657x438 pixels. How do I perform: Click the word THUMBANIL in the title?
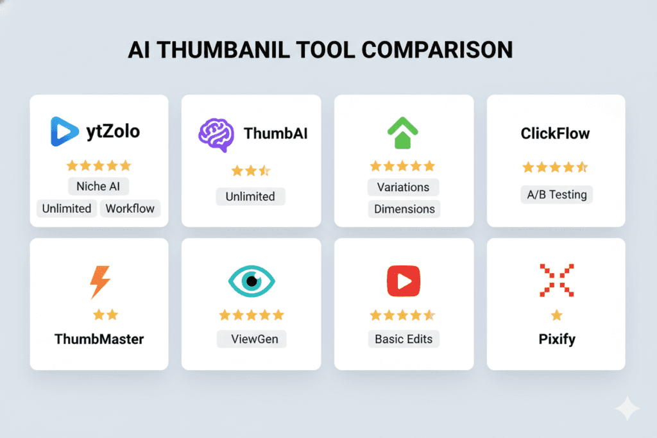tap(223, 50)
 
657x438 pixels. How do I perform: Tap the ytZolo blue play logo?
tap(64, 131)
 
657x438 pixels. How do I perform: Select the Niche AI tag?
tap(98, 186)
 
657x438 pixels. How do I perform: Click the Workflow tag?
tap(130, 208)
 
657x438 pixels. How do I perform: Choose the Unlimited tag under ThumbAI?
tap(250, 196)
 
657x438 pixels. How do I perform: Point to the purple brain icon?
tap(216, 135)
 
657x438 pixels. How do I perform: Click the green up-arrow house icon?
tap(403, 132)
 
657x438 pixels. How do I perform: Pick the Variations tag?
tap(403, 187)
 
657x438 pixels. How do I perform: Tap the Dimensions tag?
tap(404, 208)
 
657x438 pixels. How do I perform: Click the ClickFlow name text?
tap(555, 133)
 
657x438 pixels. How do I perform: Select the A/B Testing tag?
tap(557, 194)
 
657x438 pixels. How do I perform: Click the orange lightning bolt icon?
tap(100, 282)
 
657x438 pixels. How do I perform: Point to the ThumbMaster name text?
tap(99, 339)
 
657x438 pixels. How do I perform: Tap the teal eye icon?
tap(252, 281)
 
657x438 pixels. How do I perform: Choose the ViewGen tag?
tap(252, 339)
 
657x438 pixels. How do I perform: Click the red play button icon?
tap(404, 281)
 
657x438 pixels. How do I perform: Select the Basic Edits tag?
tap(404, 339)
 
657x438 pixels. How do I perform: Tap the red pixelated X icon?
tap(556, 280)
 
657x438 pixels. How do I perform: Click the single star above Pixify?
tap(556, 315)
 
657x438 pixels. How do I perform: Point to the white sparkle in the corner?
tap(627, 409)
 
